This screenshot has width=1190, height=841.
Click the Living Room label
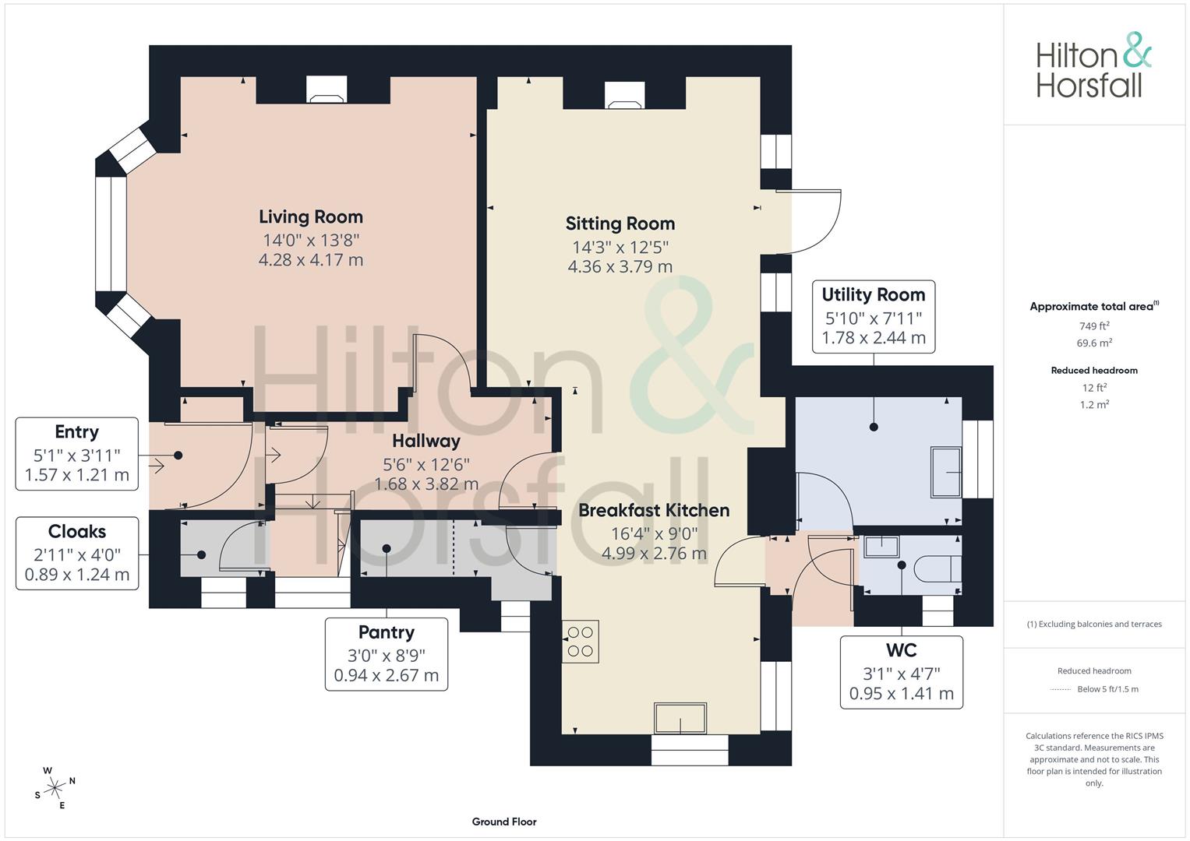[x=310, y=217]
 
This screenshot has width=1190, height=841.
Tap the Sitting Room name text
[x=620, y=224]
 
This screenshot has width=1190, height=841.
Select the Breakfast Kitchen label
[x=653, y=511]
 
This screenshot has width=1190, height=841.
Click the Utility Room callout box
[x=873, y=317]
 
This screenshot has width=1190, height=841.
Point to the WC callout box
[x=901, y=672]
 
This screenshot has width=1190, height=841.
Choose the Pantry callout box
[x=386, y=654]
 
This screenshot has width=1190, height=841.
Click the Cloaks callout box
[x=76, y=553]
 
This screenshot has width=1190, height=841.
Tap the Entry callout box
[x=76, y=453]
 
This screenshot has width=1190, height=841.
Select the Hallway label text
[x=426, y=442]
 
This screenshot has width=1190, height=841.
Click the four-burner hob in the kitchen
[x=580, y=641]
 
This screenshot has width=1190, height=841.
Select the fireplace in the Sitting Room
[x=624, y=95]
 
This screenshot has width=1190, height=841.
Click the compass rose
[x=55, y=788]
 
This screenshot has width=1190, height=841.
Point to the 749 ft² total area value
[x=1093, y=326]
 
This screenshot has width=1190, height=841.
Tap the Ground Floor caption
[x=503, y=822]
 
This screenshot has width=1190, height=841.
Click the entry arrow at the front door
[x=154, y=466]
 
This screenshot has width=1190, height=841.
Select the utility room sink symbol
[x=947, y=473]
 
